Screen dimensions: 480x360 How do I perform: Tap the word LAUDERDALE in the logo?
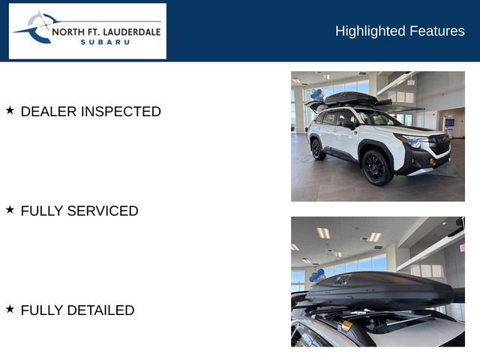click(x=132, y=32)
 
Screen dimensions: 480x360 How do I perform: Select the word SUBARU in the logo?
click(x=105, y=42)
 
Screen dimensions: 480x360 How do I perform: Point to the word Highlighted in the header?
click(x=370, y=31)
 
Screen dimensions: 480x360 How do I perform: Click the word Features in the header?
click(x=437, y=31)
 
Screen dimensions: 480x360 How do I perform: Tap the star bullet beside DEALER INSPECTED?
click(x=10, y=110)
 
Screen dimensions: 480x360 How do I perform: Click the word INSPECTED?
click(x=121, y=112)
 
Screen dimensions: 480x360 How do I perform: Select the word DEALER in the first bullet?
click(x=49, y=112)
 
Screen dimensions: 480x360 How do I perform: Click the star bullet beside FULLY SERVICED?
click(x=10, y=210)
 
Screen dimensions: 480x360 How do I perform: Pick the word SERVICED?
click(x=103, y=211)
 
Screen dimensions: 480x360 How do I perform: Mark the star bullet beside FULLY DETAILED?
click(x=10, y=309)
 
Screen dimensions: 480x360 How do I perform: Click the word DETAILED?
click(x=100, y=310)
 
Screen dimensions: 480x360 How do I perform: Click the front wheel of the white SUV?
click(x=376, y=168)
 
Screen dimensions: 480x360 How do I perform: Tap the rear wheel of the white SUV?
click(x=317, y=150)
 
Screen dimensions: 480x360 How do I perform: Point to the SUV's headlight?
click(x=413, y=141)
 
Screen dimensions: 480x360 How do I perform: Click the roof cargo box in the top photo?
click(x=350, y=99)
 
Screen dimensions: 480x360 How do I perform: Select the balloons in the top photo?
click(x=316, y=95)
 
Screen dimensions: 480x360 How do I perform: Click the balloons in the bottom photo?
click(x=317, y=275)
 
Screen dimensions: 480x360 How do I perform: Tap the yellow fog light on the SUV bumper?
click(x=433, y=162)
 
